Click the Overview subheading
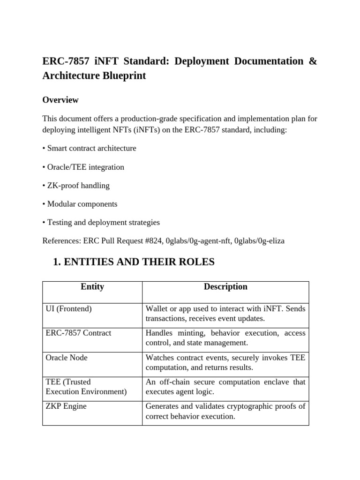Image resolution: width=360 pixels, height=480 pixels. (x=60, y=100)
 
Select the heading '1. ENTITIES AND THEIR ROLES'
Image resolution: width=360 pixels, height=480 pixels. (x=135, y=262)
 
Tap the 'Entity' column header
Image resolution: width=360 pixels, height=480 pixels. (x=92, y=286)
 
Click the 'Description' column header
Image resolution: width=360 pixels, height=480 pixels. (x=225, y=286)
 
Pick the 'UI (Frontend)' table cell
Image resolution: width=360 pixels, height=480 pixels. (x=68, y=308)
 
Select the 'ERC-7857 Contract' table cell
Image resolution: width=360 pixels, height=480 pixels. (x=78, y=333)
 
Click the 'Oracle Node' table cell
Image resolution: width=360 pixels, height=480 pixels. (x=67, y=358)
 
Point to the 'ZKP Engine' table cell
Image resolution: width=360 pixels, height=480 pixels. (x=66, y=406)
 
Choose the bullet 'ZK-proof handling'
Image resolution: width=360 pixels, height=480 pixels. (x=76, y=186)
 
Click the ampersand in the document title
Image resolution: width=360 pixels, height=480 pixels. (x=313, y=61)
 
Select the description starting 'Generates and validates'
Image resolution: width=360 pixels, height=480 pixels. (x=225, y=411)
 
